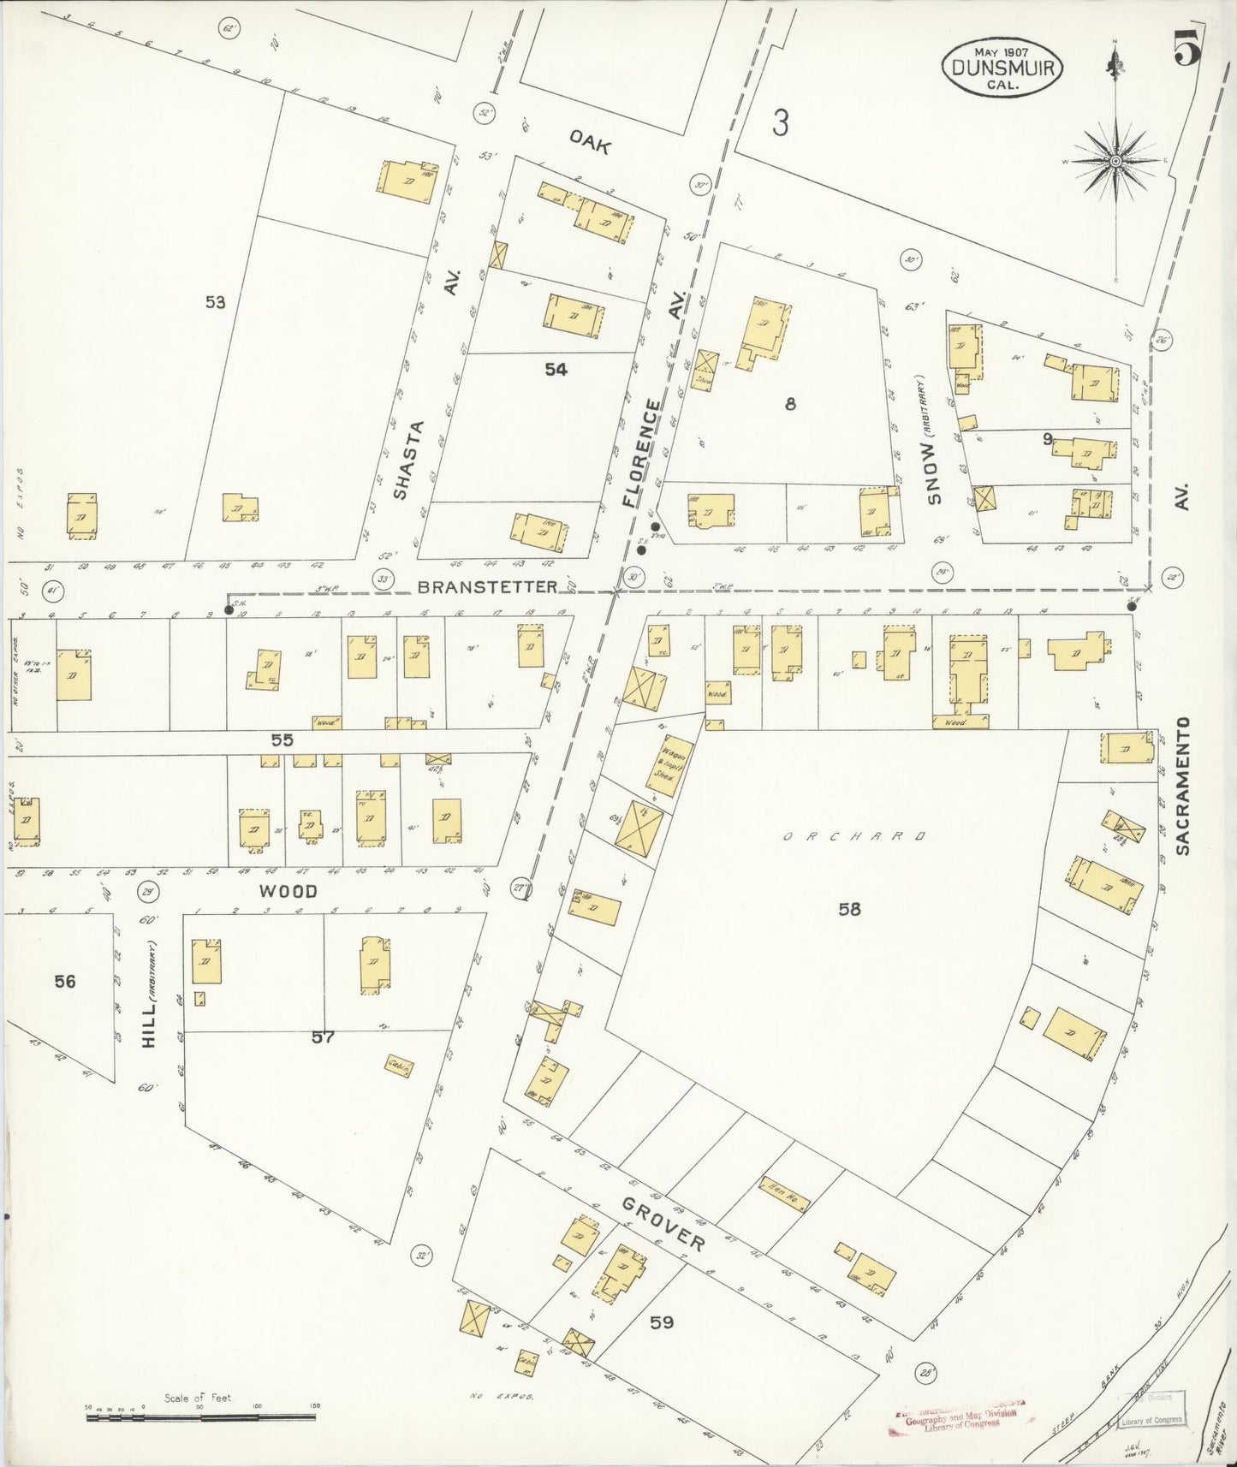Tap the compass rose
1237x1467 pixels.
[x=1115, y=161]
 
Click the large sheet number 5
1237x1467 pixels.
[x=1186, y=47]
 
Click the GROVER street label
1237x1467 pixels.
[x=664, y=1224]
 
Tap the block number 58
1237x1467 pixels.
[x=849, y=909]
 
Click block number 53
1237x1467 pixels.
[x=215, y=301]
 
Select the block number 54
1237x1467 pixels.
[x=556, y=369]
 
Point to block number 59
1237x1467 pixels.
[x=661, y=1322]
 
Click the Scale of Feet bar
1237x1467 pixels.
[x=200, y=1417]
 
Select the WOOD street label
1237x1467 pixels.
[x=288, y=891]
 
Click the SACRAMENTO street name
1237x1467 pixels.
[x=1183, y=785]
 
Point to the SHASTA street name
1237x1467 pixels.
[x=408, y=459]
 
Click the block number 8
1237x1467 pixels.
[x=789, y=404]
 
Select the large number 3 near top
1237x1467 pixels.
[x=779, y=123]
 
